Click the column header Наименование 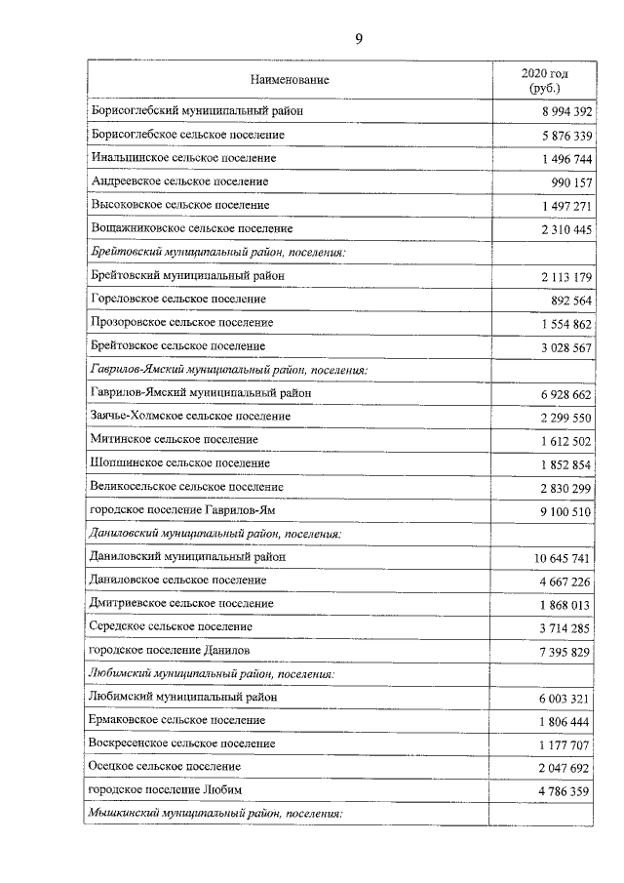[x=290, y=80]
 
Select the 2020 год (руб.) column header [x=545, y=80]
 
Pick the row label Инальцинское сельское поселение [x=182, y=158]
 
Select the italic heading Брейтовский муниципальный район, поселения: [x=217, y=253]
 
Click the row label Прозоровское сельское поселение [x=180, y=323]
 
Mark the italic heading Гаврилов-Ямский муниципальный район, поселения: [x=227, y=370]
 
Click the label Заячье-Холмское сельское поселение [x=189, y=417]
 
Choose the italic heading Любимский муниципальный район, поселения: [x=212, y=674]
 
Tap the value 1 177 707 [x=562, y=745]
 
